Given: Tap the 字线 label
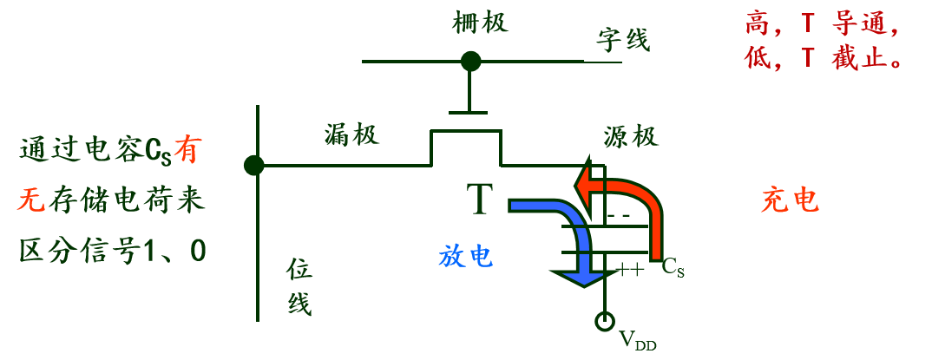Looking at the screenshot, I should point(623,40).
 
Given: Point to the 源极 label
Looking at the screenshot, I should point(631,136).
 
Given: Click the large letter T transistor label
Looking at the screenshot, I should point(479,199).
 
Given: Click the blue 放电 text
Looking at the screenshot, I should point(466,256).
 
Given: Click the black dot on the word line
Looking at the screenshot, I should point(470,62).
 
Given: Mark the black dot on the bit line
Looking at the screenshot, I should point(254,165).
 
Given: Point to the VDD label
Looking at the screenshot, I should point(638,341).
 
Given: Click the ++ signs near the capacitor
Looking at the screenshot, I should point(630,271).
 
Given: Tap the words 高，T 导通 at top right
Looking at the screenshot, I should point(820,23).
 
